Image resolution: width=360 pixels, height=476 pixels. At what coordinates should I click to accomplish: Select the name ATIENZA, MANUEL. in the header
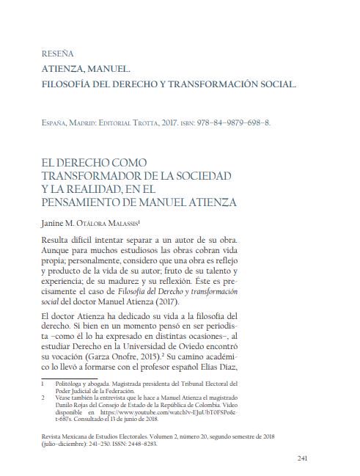(87, 70)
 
